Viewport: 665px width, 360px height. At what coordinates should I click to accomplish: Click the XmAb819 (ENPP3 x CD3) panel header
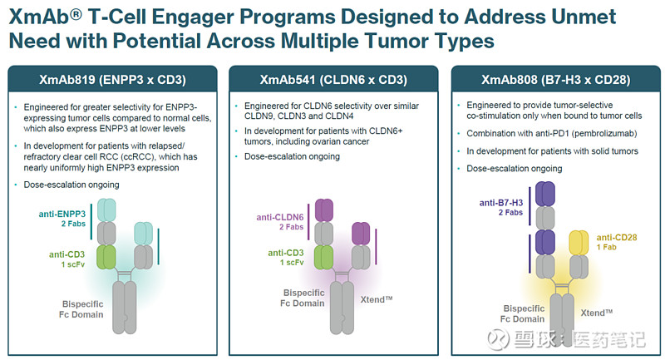tap(111, 80)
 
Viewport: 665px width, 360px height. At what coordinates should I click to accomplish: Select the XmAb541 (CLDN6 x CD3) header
tap(332, 80)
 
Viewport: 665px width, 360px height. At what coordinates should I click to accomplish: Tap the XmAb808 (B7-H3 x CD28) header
tap(554, 80)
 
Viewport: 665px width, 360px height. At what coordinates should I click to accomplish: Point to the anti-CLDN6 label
tap(279, 218)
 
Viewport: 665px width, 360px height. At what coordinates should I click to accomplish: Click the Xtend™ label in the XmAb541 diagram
tap(376, 296)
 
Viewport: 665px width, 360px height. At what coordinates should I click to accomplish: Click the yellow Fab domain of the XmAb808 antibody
tap(575, 245)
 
